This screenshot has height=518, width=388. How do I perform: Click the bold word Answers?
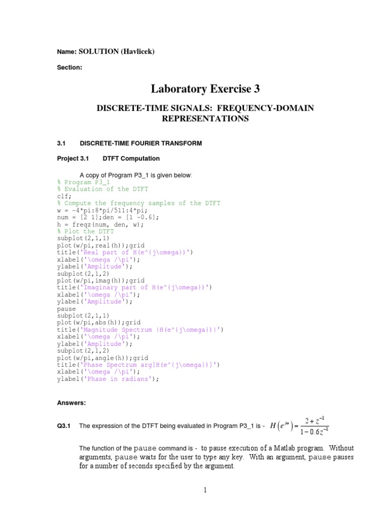tap(71, 403)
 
